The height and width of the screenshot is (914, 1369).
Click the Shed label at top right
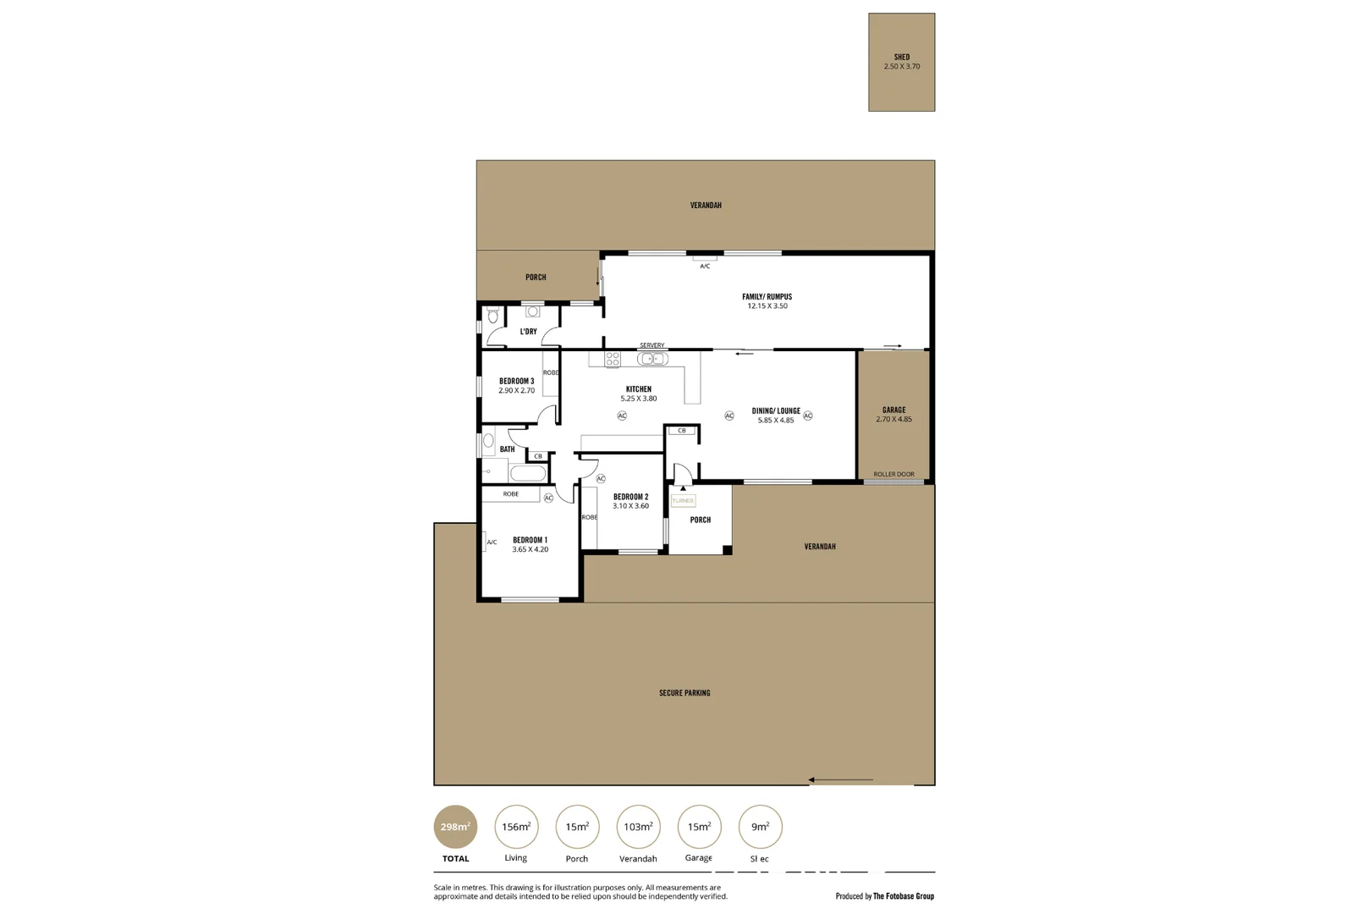901,58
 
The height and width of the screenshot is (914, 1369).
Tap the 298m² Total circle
455,827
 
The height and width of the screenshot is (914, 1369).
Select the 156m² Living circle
516,827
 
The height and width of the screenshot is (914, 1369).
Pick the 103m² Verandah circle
638,827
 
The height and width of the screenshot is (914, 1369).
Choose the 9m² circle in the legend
760,827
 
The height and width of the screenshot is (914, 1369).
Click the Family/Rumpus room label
767,297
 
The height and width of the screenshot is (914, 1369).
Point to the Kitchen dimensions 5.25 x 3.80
638,399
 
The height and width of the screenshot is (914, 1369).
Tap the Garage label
893,410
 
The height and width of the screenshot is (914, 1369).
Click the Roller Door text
893,474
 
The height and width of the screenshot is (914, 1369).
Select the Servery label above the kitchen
652,345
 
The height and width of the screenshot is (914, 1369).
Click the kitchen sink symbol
652,359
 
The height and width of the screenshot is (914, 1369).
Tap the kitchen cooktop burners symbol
612,359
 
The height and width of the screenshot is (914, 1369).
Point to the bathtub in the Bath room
528,473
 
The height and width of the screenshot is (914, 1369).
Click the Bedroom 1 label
530,540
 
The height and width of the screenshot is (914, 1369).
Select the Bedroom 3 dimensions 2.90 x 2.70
516,391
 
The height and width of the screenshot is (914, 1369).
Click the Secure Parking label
684,693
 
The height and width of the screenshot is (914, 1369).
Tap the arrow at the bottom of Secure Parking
840,779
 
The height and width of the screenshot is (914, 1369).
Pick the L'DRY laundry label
528,332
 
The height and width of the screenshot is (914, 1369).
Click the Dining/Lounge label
776,410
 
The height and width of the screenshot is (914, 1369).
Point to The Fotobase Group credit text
903,896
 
